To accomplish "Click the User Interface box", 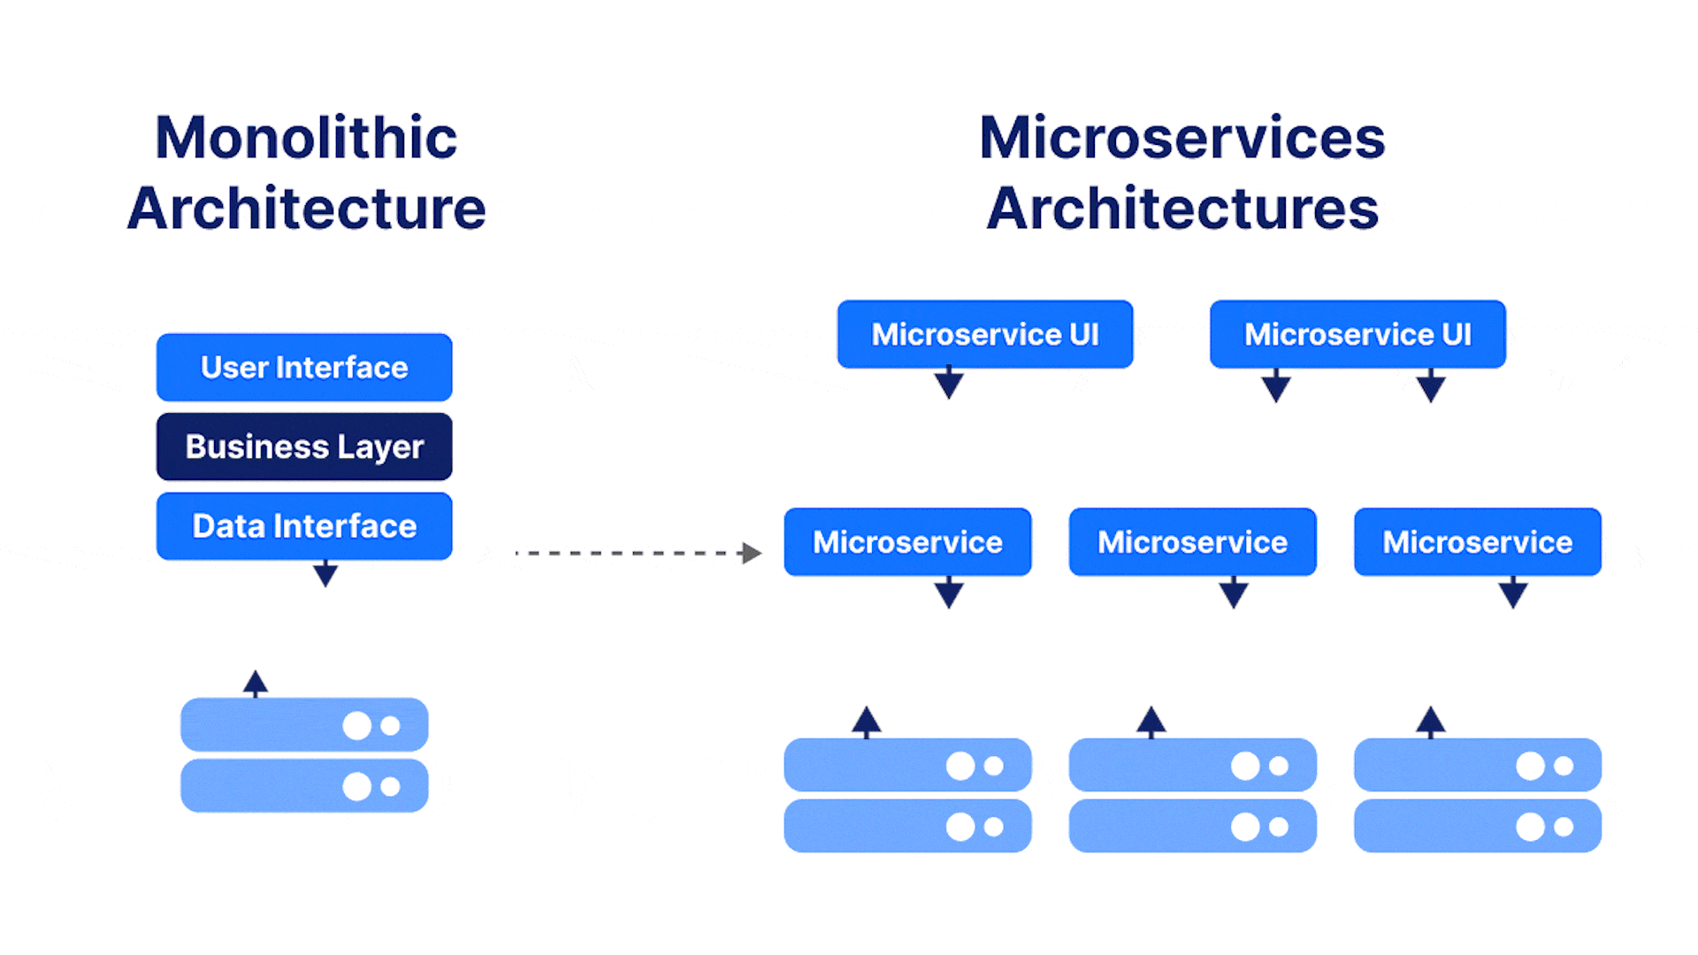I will tap(304, 367).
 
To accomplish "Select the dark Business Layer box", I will tap(304, 447).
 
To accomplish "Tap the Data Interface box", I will tap(304, 526).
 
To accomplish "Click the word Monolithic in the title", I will tap(306, 138).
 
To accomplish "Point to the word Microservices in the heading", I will tap(1182, 138).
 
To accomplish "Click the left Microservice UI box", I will tap(984, 334).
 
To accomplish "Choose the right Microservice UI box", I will tap(1358, 334).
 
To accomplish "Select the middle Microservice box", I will tap(1192, 542).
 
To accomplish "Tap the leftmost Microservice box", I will tap(907, 542).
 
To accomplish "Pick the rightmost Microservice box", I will tap(1477, 542).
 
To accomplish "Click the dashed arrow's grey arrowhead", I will tap(752, 554).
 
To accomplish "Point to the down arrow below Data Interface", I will tap(325, 575).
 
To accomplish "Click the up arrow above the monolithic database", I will tap(256, 682).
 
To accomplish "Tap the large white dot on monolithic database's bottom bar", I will tap(357, 786).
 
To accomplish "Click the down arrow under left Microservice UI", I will tap(949, 384).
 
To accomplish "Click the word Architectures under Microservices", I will tap(1182, 209).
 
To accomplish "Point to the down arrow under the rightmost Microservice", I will tap(1513, 593).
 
